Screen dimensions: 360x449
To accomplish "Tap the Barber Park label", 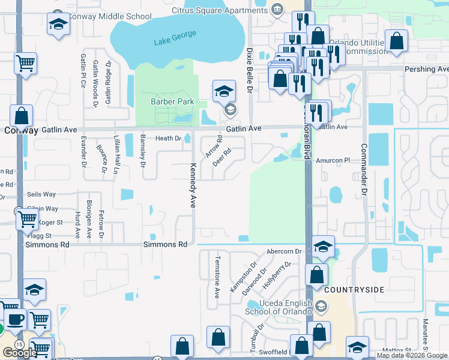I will tap(172, 102).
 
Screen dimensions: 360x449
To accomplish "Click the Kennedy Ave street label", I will tap(193, 185).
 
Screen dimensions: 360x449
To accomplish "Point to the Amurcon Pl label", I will tap(333, 160).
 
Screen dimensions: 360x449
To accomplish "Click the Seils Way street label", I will tap(41, 194).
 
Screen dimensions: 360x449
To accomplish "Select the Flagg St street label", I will tap(41, 235).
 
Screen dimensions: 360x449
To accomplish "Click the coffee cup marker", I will tap(16, 318).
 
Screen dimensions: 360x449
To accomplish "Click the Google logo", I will tap(20, 353).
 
